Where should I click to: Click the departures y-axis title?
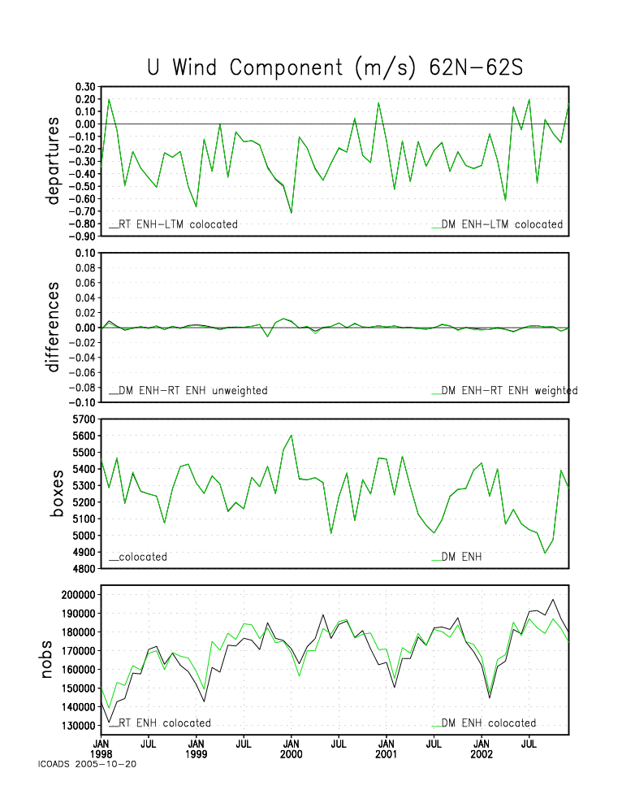(53, 161)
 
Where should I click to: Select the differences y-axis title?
(53, 327)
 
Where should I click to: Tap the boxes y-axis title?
(56, 493)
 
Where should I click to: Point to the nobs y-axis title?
(46, 659)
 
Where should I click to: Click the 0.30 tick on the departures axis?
(85, 86)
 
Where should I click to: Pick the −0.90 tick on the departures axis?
(82, 236)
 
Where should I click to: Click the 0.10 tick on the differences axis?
(85, 253)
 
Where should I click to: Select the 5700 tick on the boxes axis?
(84, 419)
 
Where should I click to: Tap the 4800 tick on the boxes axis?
(84, 569)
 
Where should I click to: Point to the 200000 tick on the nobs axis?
(79, 595)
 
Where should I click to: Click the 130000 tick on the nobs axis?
(79, 726)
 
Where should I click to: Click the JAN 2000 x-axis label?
(291, 749)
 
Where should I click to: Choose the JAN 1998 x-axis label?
(101, 749)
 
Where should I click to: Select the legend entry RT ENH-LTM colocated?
(173, 224)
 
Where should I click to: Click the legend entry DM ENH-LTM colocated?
(497, 224)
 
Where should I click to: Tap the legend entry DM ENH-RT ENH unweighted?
(188, 391)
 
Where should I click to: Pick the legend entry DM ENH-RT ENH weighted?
(505, 391)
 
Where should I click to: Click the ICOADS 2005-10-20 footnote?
(87, 764)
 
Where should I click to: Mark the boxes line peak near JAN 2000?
(291, 436)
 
